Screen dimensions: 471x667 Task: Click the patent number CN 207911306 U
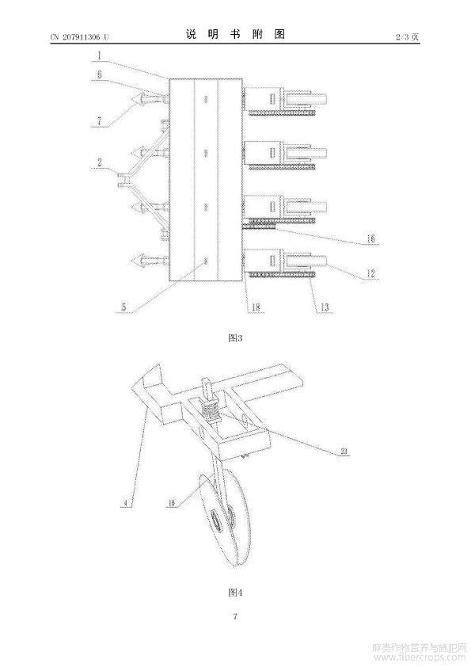point(79,37)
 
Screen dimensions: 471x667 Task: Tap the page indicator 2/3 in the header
point(401,37)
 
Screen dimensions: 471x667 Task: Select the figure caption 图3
point(235,338)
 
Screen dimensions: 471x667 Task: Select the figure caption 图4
point(235,592)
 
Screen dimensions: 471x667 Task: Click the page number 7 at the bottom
point(235,616)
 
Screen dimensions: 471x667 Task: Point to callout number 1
point(99,55)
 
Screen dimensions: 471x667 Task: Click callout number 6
point(99,74)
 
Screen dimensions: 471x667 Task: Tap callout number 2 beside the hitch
point(100,162)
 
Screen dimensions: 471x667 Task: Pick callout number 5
point(123,307)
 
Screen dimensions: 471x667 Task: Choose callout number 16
point(371,238)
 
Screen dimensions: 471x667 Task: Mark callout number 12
point(370,273)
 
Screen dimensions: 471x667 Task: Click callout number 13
point(325,307)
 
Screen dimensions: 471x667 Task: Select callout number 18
point(255,307)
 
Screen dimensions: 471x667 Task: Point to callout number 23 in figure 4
point(344,452)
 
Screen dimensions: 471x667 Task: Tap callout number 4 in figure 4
point(125,504)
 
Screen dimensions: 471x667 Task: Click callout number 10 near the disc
point(171,504)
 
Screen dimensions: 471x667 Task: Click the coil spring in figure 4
point(211,411)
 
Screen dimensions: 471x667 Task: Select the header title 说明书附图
point(235,34)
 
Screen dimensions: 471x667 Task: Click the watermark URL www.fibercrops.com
point(420,658)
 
